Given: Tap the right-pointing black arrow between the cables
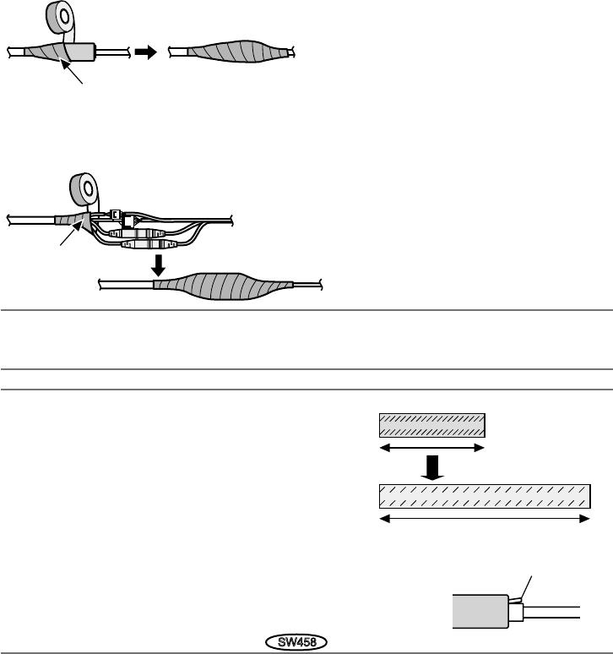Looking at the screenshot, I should pyautogui.click(x=146, y=52).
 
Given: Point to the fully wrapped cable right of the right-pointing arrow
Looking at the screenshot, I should pyautogui.click(x=231, y=52).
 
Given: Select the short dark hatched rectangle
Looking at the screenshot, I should pyautogui.click(x=431, y=424).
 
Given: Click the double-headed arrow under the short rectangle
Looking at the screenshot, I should pyautogui.click(x=431, y=449).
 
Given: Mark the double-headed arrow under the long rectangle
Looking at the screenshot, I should pyautogui.click(x=483, y=520).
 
